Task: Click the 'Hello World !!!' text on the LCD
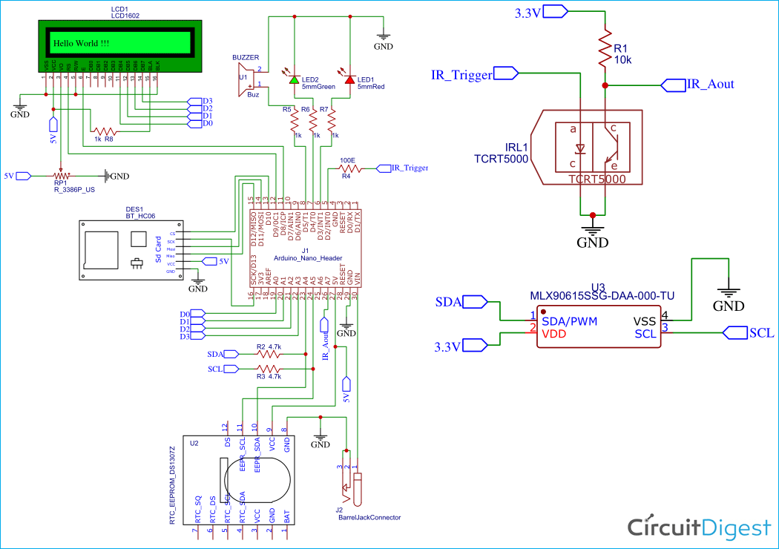81,44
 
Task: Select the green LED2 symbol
295,79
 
